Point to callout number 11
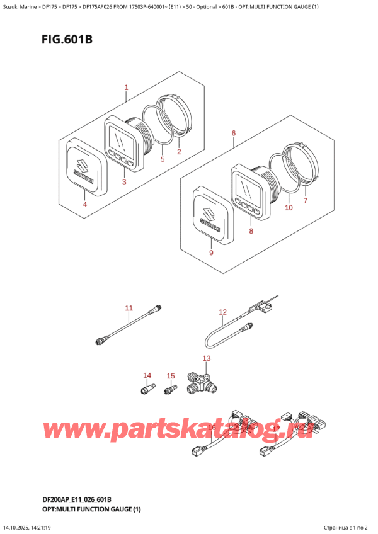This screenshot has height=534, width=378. click(129, 308)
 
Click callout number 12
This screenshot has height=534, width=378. click(222, 312)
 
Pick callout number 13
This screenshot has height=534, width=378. click(206, 358)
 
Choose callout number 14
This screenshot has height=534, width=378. click(147, 376)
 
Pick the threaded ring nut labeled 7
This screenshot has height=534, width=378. click(301, 166)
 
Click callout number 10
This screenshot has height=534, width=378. click(289, 207)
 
